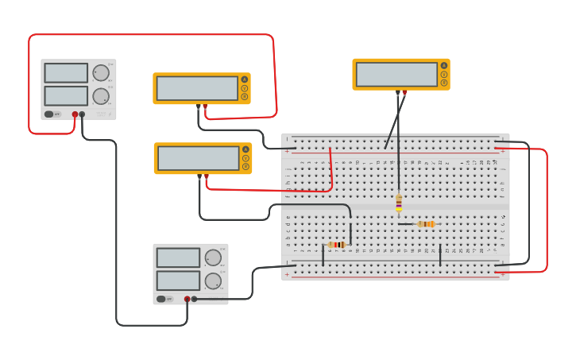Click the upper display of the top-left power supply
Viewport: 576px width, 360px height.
click(66, 73)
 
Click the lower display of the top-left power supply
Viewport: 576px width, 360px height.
click(66, 96)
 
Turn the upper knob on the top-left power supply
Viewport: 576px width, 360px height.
click(101, 73)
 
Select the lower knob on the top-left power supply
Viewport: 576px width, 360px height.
click(101, 97)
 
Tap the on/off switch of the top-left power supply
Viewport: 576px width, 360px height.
click(49, 114)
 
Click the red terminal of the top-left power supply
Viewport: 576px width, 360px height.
click(75, 114)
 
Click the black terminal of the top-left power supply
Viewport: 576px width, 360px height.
click(82, 114)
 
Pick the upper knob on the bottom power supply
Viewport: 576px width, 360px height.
click(213, 257)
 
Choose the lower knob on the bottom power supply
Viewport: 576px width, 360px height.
click(213, 281)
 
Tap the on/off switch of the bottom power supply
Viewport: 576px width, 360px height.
click(161, 299)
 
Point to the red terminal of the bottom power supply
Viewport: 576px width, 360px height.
click(187, 299)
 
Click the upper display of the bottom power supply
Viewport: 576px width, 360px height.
click(178, 257)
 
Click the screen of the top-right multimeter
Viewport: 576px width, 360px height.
click(396, 74)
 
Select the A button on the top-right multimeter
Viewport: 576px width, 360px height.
click(443, 66)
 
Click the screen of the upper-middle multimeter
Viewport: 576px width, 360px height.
click(197, 88)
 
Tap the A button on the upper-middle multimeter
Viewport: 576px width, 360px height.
click(244, 79)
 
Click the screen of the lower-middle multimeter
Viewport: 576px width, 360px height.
click(198, 158)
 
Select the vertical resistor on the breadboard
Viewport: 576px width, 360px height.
click(399, 204)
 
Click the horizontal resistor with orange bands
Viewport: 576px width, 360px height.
click(426, 224)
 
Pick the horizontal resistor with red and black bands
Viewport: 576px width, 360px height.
click(337, 245)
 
